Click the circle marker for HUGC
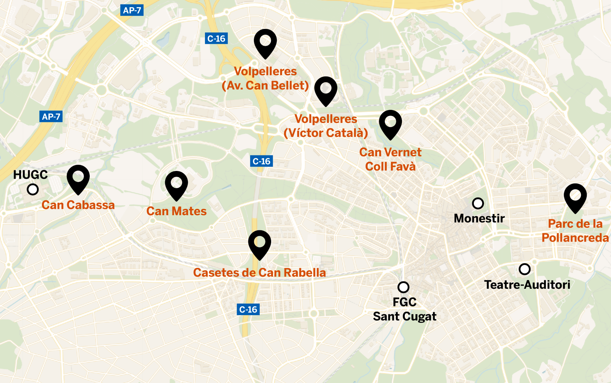click(x=33, y=189)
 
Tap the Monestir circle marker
click(x=478, y=203)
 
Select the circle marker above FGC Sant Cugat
click(x=403, y=287)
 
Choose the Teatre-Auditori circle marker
click(x=524, y=269)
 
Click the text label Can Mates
click(x=176, y=211)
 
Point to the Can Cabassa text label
click(x=78, y=205)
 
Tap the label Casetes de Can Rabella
click(x=259, y=273)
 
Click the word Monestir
click(x=479, y=218)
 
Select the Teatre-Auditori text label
click(x=527, y=285)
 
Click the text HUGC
click(x=30, y=174)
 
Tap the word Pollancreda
click(x=575, y=238)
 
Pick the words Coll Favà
click(x=390, y=167)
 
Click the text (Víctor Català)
click(x=326, y=133)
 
